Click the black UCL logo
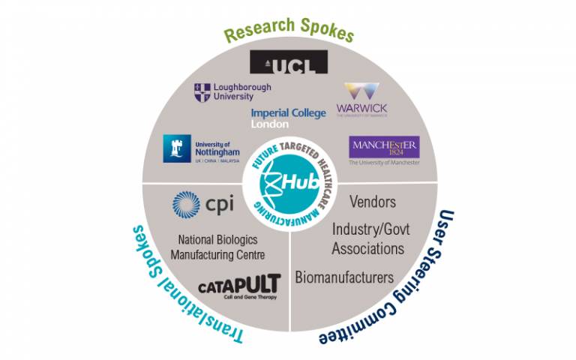[288, 62]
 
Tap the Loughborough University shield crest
[202, 92]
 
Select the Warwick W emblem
[363, 94]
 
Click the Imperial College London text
[289, 118]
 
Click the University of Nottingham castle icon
[178, 148]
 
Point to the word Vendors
[373, 202]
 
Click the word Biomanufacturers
[344, 277]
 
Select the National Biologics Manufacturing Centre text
[217, 248]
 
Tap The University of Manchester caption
[385, 162]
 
